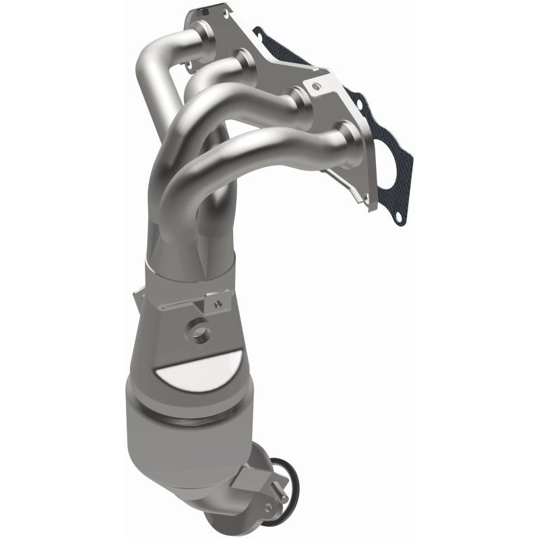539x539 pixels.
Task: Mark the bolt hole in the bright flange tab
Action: [x=315, y=85]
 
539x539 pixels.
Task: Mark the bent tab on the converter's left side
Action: [x=137, y=296]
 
